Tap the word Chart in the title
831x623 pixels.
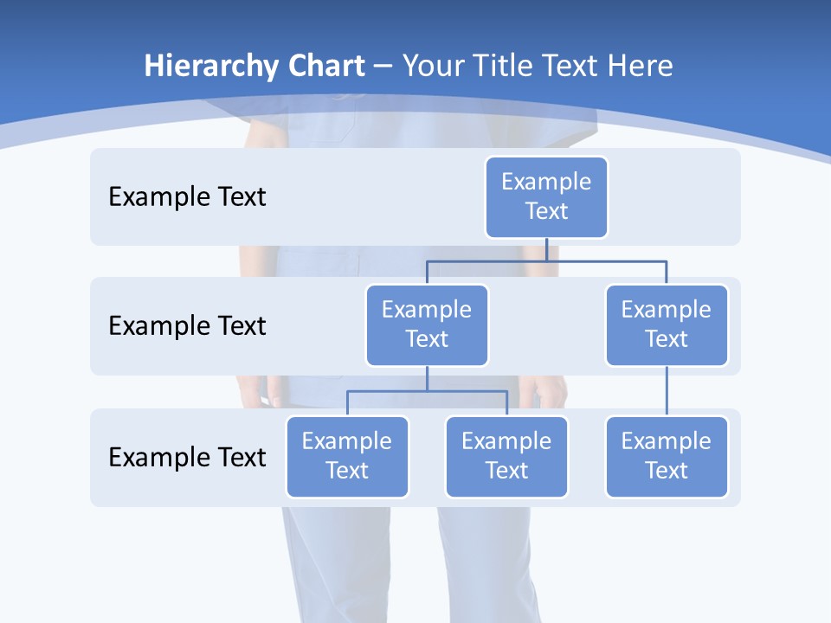323,67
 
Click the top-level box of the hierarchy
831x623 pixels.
546,196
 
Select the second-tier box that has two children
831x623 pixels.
427,324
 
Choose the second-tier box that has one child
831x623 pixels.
667,324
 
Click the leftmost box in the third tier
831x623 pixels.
347,456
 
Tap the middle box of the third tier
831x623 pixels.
506,456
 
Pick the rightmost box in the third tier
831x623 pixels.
667,456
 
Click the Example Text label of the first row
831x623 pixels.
187,197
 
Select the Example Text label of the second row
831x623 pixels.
187,326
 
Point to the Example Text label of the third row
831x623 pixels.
187,457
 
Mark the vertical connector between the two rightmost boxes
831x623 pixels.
667,391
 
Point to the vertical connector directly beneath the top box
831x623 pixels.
546,249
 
